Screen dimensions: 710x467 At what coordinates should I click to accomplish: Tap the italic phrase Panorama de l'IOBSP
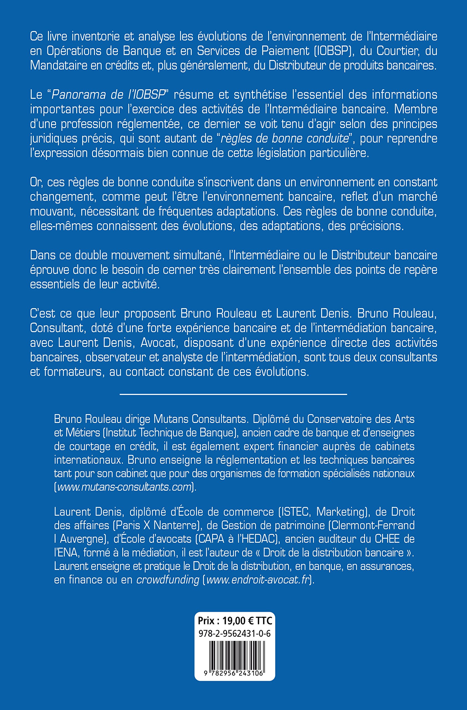pyautogui.click(x=108, y=95)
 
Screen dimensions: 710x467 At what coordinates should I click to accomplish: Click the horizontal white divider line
pyautogui.click(x=233, y=395)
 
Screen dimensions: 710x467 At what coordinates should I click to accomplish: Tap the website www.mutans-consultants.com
pyautogui.click(x=124, y=487)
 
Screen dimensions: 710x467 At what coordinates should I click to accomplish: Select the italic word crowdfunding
pyautogui.click(x=168, y=580)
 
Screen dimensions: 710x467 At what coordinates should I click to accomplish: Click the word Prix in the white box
pyautogui.click(x=206, y=620)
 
